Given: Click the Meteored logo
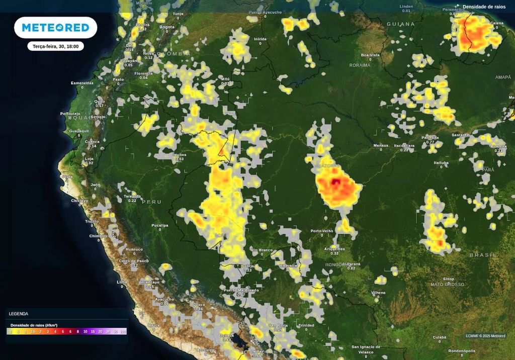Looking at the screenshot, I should coord(55,28).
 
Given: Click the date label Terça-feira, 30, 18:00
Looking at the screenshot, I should coord(55,46).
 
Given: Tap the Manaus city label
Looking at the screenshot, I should coord(381,146).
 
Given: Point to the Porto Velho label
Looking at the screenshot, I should coord(322,231).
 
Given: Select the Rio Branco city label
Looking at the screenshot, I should coord(262,249).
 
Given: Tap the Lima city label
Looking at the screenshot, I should coord(122,283).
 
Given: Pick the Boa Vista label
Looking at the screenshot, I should coord(370,55).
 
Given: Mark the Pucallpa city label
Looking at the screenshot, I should coord(159,226).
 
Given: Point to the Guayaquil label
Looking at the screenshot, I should coord(79,131).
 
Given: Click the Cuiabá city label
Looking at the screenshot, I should coord(440,337).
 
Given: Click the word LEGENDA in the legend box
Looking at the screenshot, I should coord(19,313).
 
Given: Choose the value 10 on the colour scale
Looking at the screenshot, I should coord(85,332).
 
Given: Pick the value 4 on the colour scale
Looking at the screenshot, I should coord(55,332).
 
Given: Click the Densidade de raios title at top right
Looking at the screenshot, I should coord(484,7).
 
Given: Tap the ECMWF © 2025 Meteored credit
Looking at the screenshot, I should coord(485,336).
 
